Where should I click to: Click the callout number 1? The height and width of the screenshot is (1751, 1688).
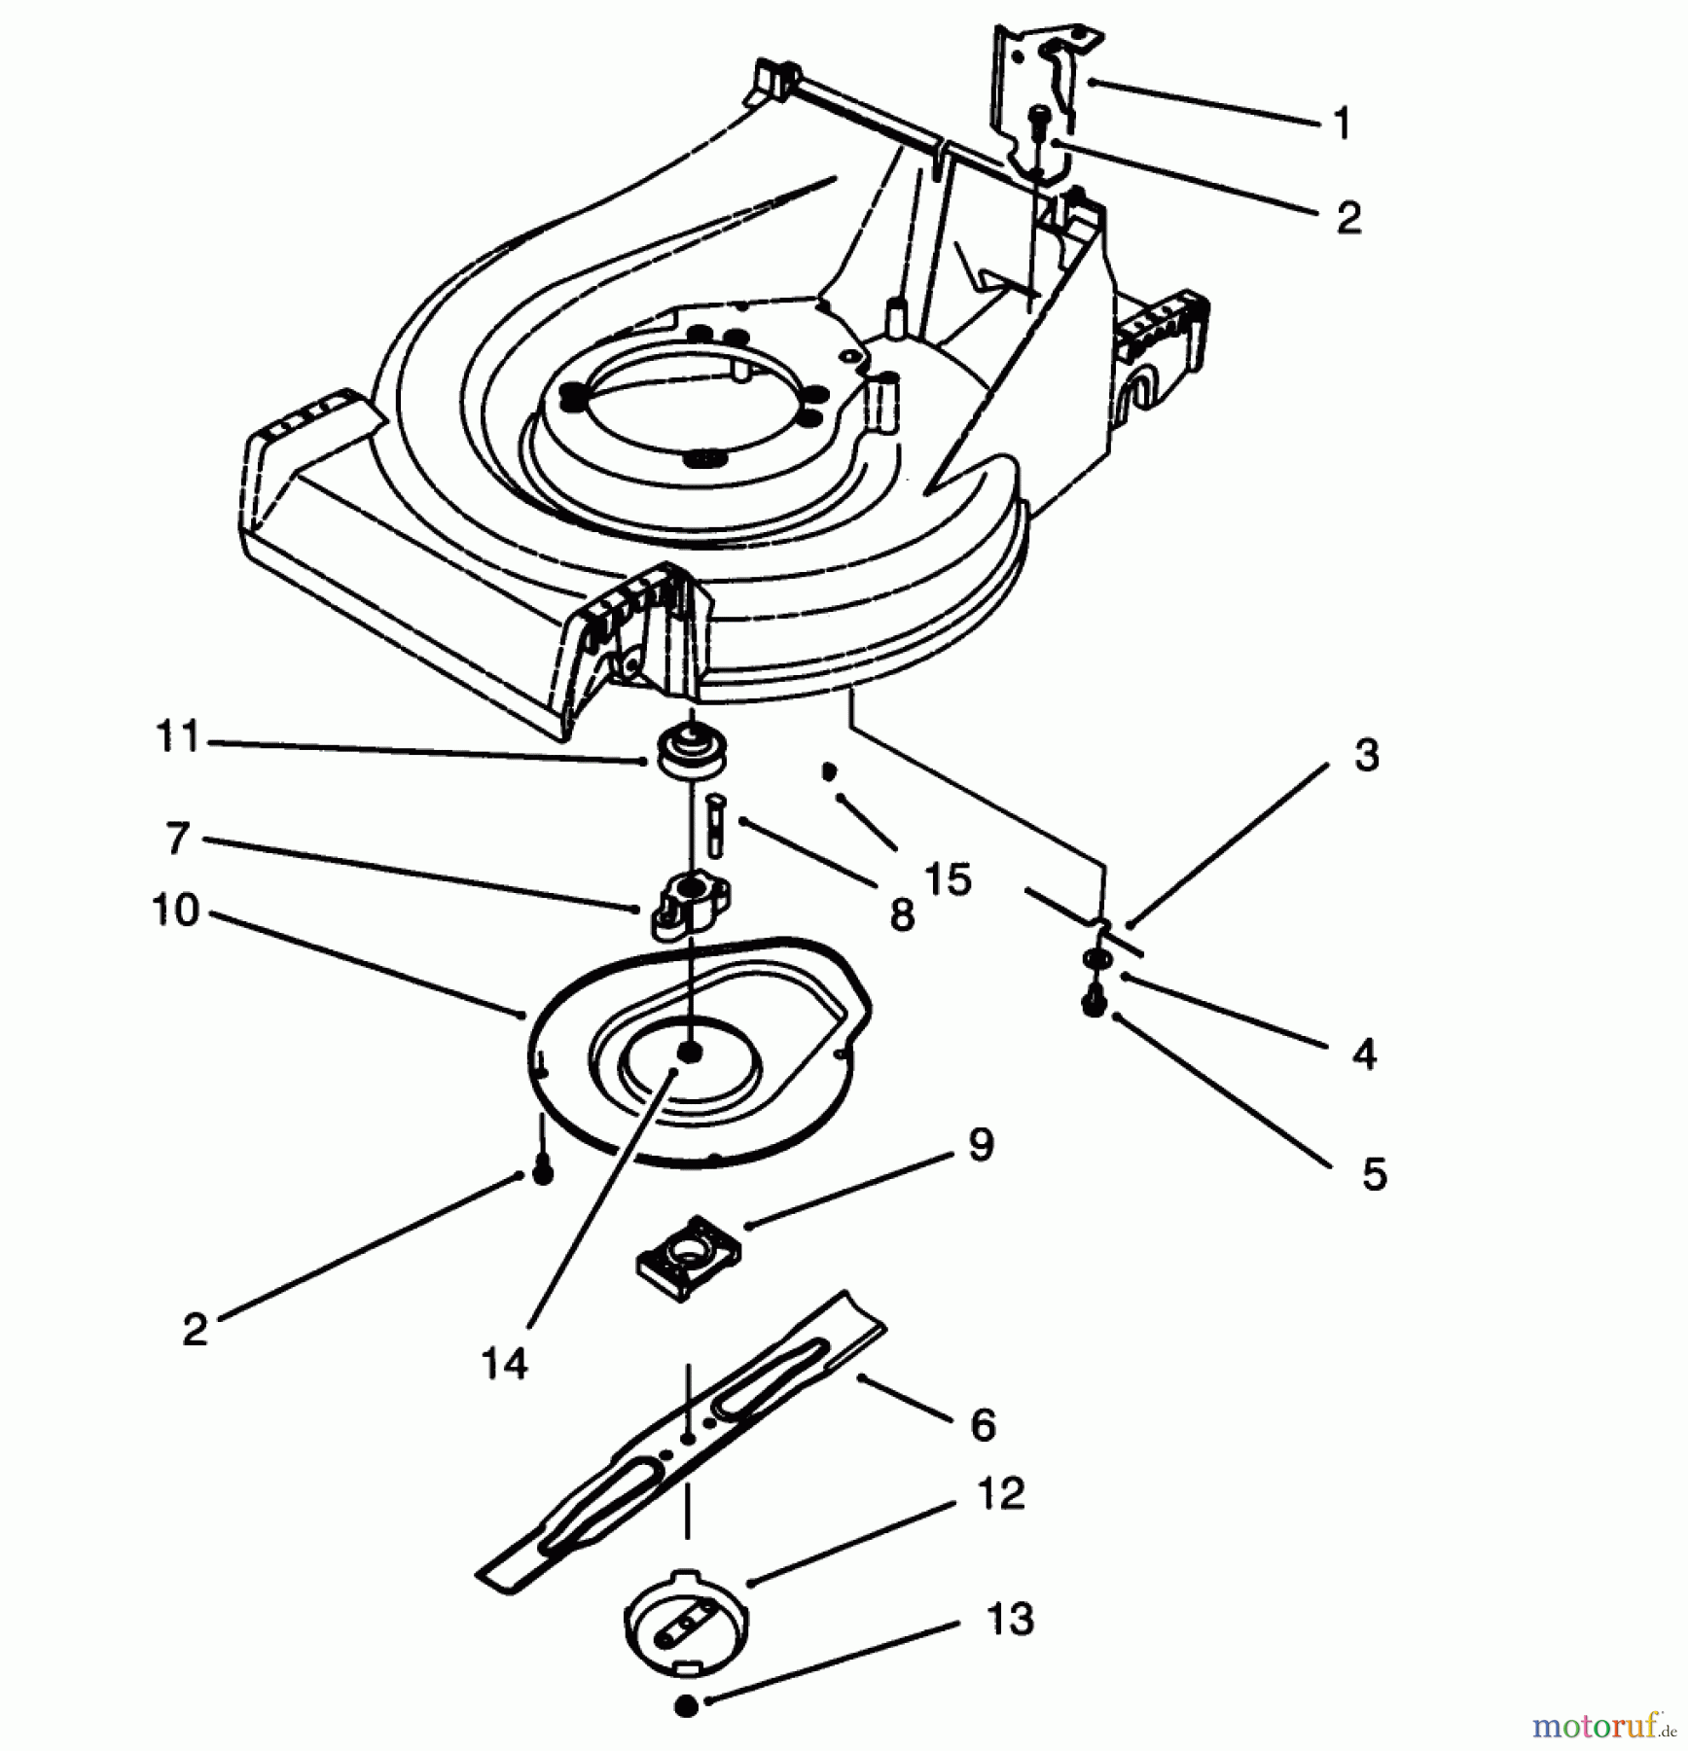[1343, 125]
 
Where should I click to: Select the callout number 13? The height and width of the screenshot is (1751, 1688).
[1009, 1620]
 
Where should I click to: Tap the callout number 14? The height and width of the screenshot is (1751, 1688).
[504, 1364]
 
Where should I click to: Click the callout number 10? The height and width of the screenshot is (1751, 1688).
[176, 911]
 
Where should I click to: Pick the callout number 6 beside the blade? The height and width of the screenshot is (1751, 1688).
[983, 1425]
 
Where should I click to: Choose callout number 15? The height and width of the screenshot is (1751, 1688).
[950, 878]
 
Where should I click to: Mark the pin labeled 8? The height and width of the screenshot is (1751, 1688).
[715, 824]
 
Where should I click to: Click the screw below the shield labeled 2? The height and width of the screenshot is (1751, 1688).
[543, 1172]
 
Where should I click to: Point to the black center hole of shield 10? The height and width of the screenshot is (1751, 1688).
[690, 1052]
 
